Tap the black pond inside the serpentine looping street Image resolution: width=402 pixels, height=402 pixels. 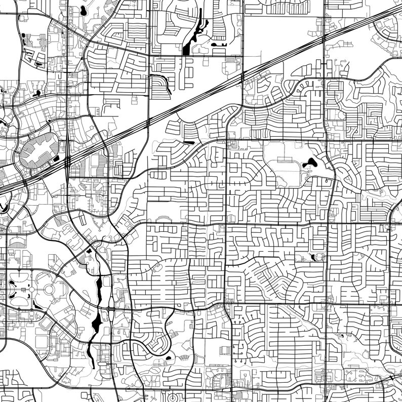tap(169, 358)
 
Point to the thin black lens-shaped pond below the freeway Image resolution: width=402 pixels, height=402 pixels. tap(188, 143)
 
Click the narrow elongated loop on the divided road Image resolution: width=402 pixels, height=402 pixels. tap(110, 317)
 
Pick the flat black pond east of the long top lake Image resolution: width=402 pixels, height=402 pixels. tap(220, 45)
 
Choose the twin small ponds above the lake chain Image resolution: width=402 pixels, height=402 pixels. tap(90, 250)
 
